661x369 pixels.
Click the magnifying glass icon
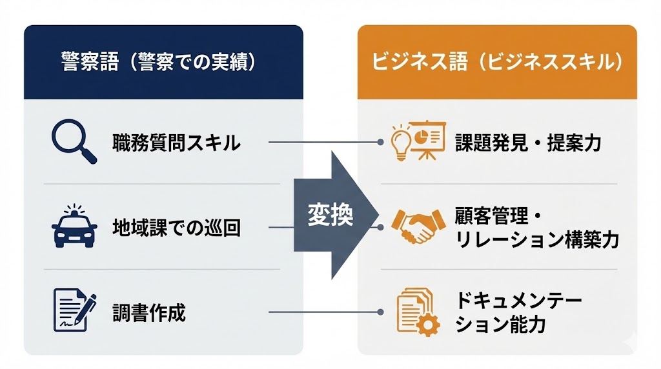[73, 142]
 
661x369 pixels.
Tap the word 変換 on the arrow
[330, 215]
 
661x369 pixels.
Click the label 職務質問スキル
[176, 142]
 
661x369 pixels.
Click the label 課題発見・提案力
[527, 142]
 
